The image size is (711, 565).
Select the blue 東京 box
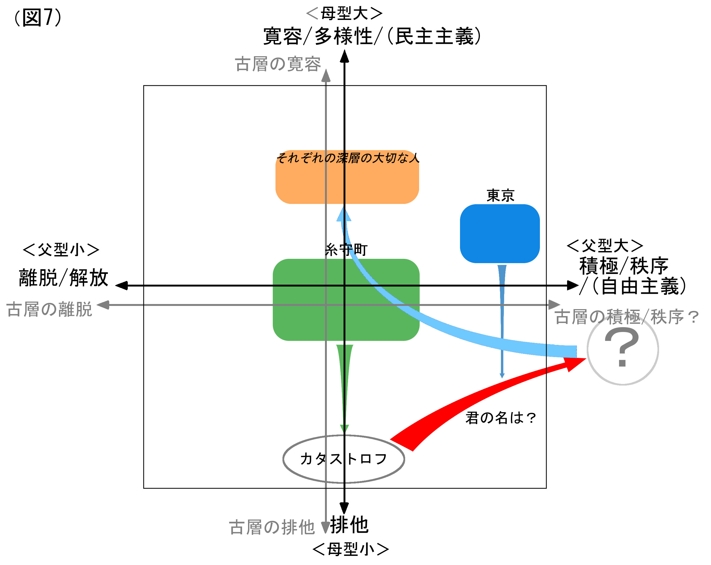click(499, 234)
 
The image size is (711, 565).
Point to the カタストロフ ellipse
click(344, 459)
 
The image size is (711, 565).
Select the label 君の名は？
click(500, 418)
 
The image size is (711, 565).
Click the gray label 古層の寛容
click(278, 64)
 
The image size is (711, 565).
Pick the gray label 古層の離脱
click(49, 309)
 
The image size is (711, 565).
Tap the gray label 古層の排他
click(272, 527)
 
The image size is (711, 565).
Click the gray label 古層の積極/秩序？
click(627, 317)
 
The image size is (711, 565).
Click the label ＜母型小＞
click(350, 549)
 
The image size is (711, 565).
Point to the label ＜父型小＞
click(61, 250)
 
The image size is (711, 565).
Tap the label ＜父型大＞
click(604, 246)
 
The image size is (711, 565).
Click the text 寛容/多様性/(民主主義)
click(372, 36)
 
